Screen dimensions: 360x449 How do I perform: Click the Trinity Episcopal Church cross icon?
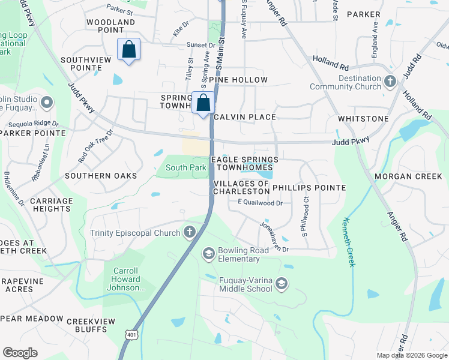click(x=190, y=233)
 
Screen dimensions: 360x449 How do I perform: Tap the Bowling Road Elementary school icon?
click(x=208, y=253)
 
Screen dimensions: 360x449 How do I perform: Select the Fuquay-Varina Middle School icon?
click(x=282, y=283)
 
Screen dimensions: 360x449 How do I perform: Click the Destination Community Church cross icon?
click(x=390, y=81)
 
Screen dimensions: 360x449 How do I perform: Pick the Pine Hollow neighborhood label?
click(x=243, y=80)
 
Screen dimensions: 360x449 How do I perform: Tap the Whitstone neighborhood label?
click(x=363, y=119)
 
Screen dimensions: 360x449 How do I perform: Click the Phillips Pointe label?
click(x=309, y=188)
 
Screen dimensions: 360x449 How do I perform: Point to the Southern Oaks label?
click(x=101, y=176)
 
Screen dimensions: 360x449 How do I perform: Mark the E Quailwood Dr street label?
click(x=260, y=203)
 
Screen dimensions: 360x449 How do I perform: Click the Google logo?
click(x=20, y=353)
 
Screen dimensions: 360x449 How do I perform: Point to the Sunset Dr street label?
click(x=200, y=45)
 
